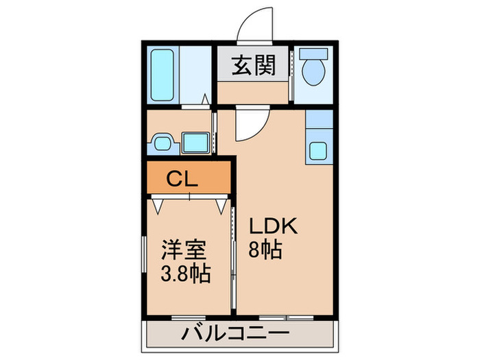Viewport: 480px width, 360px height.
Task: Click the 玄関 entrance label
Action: point(253,66)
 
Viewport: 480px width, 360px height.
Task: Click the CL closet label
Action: point(182,180)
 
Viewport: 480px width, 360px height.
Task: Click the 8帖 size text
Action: point(265,250)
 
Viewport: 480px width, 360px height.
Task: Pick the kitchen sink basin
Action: point(318,149)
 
